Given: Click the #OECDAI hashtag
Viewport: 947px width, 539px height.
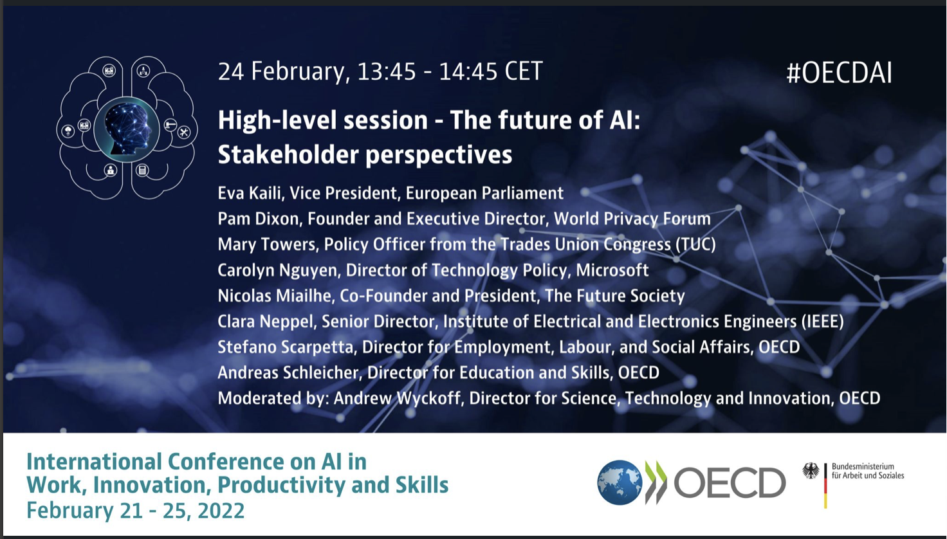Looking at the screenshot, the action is pyautogui.click(x=839, y=73).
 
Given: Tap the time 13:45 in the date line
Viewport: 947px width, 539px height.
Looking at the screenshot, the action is pyautogui.click(x=387, y=71).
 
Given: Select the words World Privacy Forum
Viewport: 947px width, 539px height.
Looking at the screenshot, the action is pyautogui.click(x=632, y=219).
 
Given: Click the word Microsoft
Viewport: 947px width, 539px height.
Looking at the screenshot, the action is pyautogui.click(x=612, y=270).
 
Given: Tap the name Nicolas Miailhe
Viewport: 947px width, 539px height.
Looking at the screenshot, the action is pyautogui.click(x=274, y=296).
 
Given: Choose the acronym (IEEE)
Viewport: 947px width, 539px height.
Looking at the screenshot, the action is pyautogui.click(x=823, y=322).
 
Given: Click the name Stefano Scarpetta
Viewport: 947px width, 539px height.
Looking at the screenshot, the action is pyautogui.click(x=286, y=347).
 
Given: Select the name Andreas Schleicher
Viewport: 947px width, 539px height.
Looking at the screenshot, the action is pyautogui.click(x=288, y=373).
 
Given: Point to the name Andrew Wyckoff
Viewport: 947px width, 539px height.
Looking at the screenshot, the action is pyautogui.click(x=397, y=398).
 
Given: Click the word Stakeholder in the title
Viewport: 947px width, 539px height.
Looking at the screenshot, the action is pyautogui.click(x=288, y=154).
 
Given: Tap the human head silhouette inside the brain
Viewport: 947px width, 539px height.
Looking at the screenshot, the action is pyautogui.click(x=127, y=128).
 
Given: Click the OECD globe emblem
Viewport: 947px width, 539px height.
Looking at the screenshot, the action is pyautogui.click(x=620, y=482).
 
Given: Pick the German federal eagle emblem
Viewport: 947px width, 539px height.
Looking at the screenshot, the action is pyautogui.click(x=811, y=471).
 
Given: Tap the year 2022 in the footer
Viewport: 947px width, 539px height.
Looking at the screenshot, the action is pyautogui.click(x=221, y=511).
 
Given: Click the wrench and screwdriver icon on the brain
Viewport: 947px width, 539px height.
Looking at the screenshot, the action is pyautogui.click(x=183, y=132).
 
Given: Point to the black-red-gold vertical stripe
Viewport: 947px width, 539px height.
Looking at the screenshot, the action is pyautogui.click(x=825, y=486).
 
